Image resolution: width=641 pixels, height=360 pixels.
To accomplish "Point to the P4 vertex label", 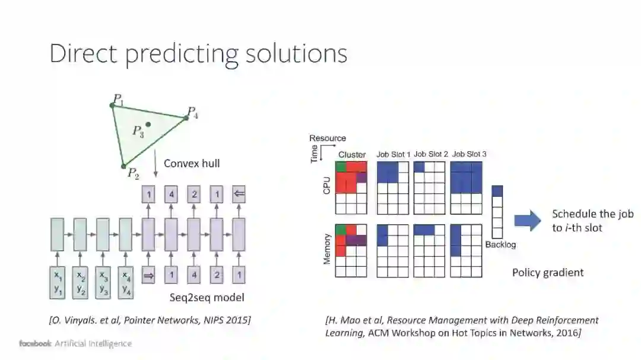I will [x=192, y=111].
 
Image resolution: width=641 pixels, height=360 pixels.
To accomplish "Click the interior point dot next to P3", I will [x=148, y=125].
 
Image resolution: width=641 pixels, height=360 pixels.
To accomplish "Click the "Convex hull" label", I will [x=191, y=163].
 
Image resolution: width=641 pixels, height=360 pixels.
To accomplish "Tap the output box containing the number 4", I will [x=171, y=195].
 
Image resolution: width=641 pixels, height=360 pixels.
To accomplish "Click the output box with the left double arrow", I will [x=239, y=195].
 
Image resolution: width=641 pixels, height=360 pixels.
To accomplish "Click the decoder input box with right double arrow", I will [x=148, y=275].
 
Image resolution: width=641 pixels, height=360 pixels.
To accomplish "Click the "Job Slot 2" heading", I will [x=430, y=154].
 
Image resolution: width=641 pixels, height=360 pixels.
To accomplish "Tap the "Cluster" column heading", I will [x=352, y=155].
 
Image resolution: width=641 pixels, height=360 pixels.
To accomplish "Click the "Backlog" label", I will [x=500, y=244].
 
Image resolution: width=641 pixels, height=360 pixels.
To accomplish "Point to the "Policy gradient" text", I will [x=548, y=272].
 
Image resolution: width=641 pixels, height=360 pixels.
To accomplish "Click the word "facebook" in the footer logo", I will [x=35, y=343].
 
